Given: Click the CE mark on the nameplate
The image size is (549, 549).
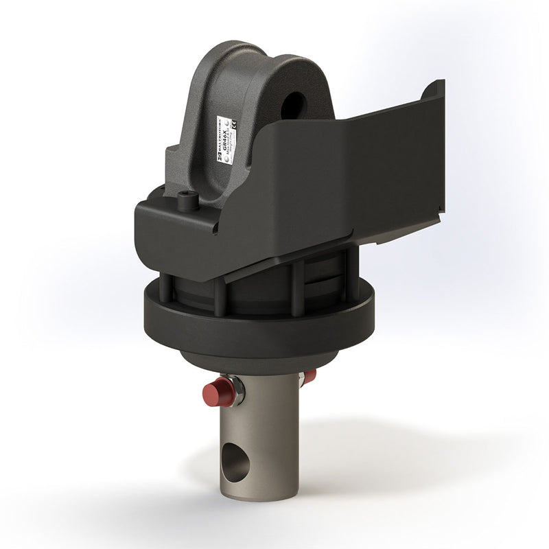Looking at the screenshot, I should coord(234,125).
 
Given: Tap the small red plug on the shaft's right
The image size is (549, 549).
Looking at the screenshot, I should coord(310,376).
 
